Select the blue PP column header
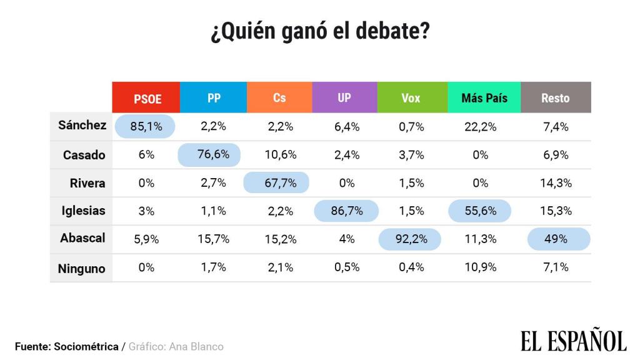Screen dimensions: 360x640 tap(213, 97)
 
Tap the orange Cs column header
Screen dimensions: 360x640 tap(279, 97)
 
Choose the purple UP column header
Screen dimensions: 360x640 tap(344, 97)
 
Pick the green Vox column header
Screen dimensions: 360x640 tap(411, 97)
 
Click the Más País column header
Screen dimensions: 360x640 tap(484, 97)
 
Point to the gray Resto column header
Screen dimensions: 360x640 tap(556, 97)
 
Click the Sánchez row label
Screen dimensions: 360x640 tap(82, 125)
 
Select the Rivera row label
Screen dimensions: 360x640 tap(87, 183)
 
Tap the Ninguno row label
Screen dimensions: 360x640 tap(82, 269)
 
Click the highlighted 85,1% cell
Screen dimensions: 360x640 tap(146, 126)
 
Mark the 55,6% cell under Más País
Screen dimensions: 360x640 tap(480, 211)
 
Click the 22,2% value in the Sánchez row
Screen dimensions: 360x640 tap(480, 126)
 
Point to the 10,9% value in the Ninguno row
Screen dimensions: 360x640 tap(480, 267)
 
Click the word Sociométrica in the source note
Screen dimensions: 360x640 tap(86, 346)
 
